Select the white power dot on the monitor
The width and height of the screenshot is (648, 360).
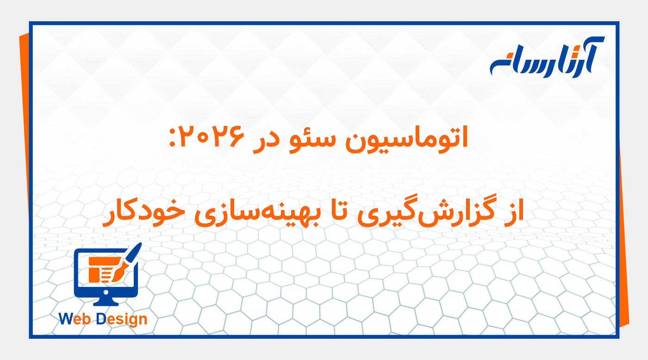coord(106,292)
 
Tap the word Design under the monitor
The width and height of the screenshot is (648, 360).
coord(122,319)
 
